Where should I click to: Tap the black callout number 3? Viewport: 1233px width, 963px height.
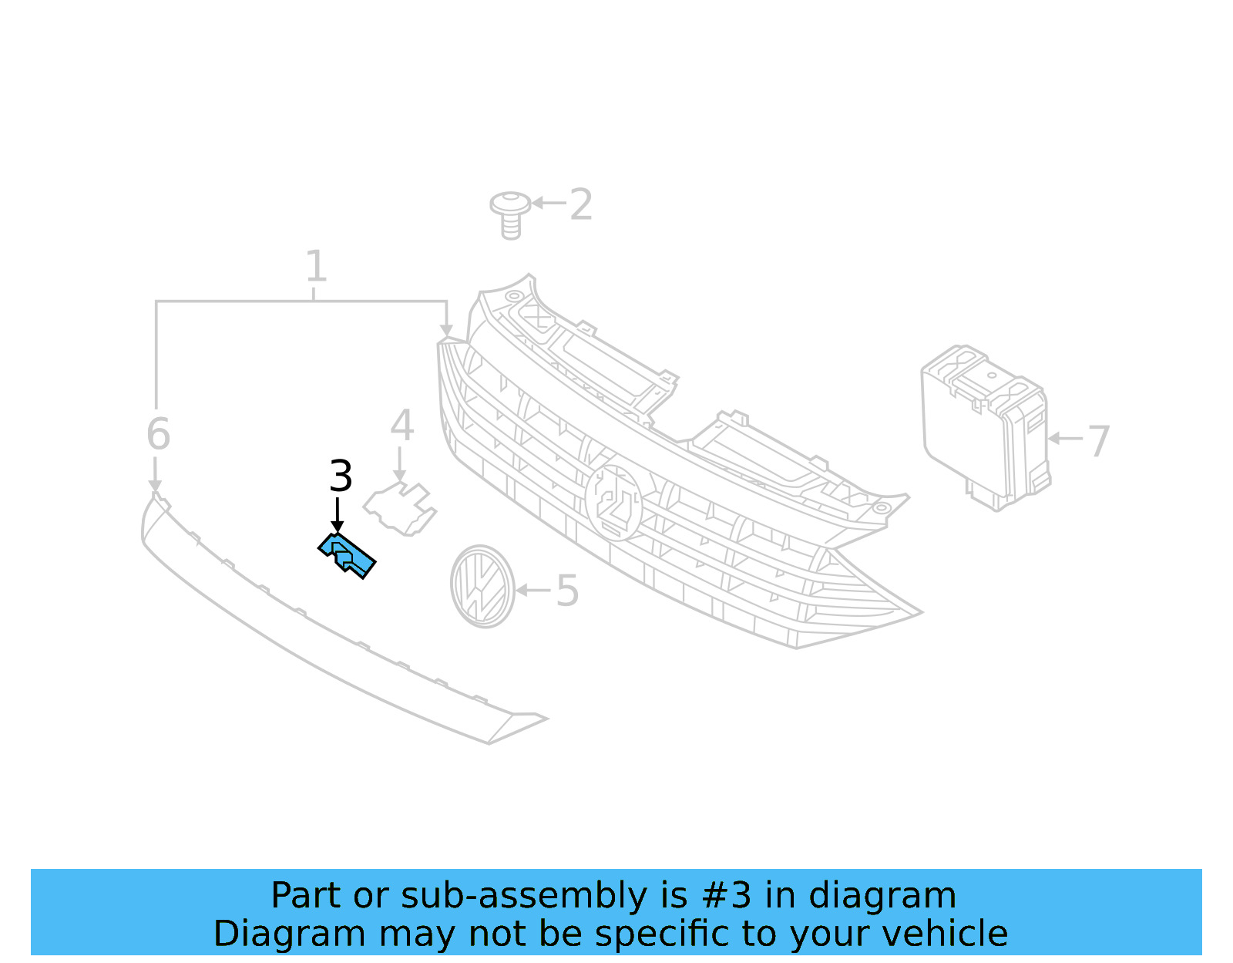pyautogui.click(x=341, y=476)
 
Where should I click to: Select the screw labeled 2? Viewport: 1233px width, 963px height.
pyautogui.click(x=510, y=214)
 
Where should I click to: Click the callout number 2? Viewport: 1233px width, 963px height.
pyautogui.click(x=581, y=204)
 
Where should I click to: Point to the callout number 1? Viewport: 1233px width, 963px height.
pyautogui.click(x=316, y=267)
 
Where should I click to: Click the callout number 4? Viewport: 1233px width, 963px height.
pyautogui.click(x=401, y=426)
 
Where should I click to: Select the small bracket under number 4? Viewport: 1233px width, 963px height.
pyautogui.click(x=400, y=508)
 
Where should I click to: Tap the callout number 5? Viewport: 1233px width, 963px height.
pyautogui.click(x=567, y=591)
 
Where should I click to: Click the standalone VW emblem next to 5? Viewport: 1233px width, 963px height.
pyautogui.click(x=482, y=586)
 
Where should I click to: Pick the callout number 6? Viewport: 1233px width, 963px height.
pyautogui.click(x=158, y=434)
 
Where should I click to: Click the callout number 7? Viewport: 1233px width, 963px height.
pyautogui.click(x=1098, y=441)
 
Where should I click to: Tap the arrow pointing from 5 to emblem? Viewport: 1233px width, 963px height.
pyautogui.click(x=533, y=591)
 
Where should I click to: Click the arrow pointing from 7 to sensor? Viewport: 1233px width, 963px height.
pyautogui.click(x=1066, y=438)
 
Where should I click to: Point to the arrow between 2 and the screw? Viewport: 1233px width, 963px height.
pyautogui.click(x=549, y=204)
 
